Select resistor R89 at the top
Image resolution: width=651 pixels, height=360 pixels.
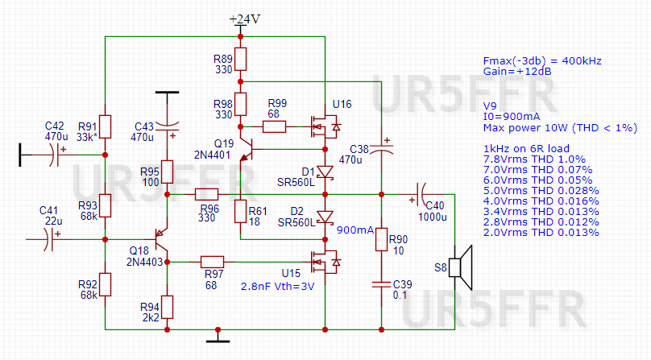pyautogui.click(x=241, y=59)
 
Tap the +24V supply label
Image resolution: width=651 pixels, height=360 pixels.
pyautogui.click(x=245, y=19)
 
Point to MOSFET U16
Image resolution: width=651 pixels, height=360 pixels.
pyautogui.click(x=324, y=126)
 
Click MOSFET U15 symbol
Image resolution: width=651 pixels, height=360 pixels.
pyautogui.click(x=324, y=261)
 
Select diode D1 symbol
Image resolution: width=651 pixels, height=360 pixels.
pyautogui.click(x=324, y=171)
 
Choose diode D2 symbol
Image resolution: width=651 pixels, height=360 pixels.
pyautogui.click(x=324, y=217)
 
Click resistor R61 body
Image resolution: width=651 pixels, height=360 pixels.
pyautogui.click(x=241, y=211)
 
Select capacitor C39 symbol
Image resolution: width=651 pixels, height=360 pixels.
pyautogui.click(x=381, y=283)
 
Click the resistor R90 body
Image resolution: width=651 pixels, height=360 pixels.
pyautogui.click(x=381, y=240)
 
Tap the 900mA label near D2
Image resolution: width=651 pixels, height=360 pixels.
pyautogui.click(x=355, y=230)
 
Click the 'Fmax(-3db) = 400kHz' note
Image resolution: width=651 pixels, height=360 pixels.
pyautogui.click(x=541, y=60)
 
